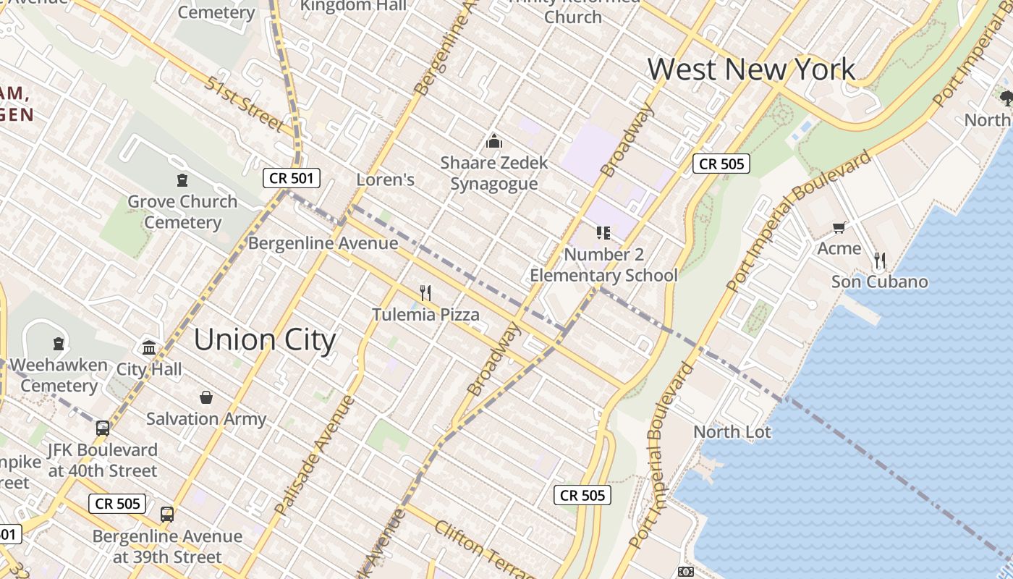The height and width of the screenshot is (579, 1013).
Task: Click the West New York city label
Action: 751,69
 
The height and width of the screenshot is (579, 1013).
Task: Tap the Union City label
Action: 265,340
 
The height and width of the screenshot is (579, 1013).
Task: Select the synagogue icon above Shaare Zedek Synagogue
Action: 494,140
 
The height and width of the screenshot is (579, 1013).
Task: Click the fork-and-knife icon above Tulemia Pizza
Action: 425,292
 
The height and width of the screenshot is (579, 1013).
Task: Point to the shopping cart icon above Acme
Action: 839,228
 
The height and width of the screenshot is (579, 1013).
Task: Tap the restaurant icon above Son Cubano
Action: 879,261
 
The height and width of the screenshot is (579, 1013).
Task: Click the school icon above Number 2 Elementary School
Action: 603,232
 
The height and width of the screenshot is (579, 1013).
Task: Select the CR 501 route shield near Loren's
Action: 291,178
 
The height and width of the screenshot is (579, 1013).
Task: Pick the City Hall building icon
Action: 149,348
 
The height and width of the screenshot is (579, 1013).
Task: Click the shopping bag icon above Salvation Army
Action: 206,397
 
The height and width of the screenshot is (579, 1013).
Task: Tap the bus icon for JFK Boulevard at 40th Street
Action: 103,428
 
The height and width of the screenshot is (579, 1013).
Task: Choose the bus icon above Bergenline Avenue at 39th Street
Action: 167,515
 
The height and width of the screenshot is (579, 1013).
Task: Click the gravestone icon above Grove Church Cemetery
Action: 182,180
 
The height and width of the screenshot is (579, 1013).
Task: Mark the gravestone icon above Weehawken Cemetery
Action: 59,344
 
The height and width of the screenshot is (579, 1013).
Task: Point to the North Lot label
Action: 732,432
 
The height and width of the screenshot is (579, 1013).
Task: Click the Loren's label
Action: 386,179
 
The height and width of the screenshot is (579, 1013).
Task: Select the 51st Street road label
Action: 245,104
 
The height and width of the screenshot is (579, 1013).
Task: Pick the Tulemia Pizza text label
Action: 425,315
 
